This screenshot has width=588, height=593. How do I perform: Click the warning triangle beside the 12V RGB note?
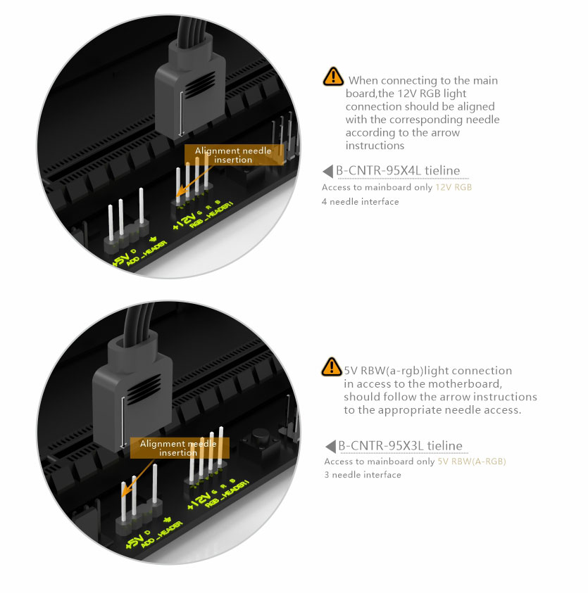coord(333,77)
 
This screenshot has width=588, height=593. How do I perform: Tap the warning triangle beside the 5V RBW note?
coord(331,366)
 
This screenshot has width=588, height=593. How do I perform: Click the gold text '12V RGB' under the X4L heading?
coord(453,187)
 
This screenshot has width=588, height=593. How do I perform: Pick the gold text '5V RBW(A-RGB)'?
coord(472,461)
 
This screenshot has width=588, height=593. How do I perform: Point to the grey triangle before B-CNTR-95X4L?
coord(328,171)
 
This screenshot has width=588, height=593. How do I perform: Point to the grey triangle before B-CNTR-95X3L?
coord(330,446)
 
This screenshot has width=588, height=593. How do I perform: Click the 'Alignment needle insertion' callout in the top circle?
coord(234,155)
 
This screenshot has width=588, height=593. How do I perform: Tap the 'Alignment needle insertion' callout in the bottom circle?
coord(180,448)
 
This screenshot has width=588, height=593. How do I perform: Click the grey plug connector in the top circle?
coord(190,87)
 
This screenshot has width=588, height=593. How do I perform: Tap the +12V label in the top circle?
coord(184,220)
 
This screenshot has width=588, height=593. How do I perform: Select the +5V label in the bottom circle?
coord(135,541)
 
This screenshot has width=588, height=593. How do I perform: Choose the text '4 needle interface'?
coord(360,202)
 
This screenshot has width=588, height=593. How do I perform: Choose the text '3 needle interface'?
coord(363,475)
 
